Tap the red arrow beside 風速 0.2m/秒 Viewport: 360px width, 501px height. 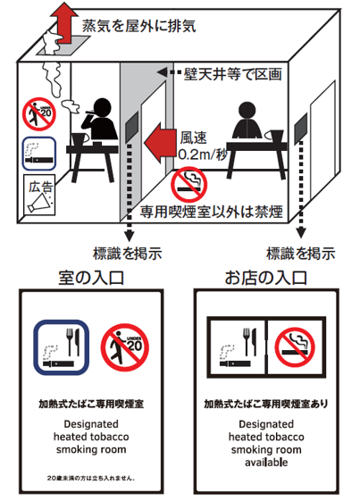[160, 142]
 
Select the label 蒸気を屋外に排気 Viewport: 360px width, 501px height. [139, 26]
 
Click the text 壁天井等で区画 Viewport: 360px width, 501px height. [233, 74]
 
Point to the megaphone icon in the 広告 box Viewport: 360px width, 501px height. [38, 203]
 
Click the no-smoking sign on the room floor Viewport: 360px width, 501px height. [188, 184]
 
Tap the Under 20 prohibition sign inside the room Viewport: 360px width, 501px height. [39, 114]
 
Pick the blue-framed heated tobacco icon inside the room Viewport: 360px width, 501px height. [39, 154]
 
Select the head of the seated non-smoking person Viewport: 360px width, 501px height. [247, 111]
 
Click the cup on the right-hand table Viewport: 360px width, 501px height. [275, 136]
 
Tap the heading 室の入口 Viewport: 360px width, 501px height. [91, 278]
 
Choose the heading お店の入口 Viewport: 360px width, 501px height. [266, 278]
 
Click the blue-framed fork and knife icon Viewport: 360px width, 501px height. [61, 347]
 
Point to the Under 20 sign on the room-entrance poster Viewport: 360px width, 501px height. [125, 347]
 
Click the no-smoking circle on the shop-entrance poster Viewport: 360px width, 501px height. [295, 347]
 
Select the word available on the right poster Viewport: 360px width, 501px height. [266, 463]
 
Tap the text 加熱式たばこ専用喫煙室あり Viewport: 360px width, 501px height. [266, 405]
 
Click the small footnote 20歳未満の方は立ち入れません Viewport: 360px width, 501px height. [91, 479]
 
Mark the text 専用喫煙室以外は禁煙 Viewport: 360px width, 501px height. [212, 212]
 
